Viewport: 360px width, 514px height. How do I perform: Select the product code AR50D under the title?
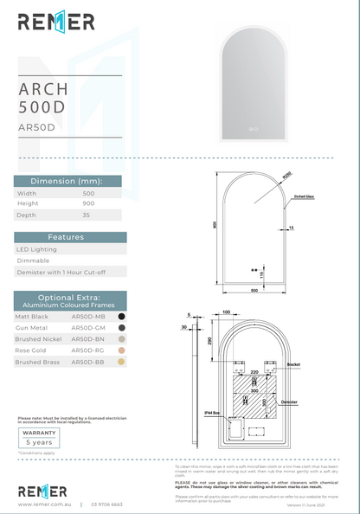tap(36, 126)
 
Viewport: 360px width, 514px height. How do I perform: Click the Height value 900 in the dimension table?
tap(77, 203)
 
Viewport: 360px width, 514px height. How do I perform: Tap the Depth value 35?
tap(75, 215)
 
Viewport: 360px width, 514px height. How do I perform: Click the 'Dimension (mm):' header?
tap(70, 181)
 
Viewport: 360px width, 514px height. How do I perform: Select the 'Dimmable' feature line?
tap(33, 260)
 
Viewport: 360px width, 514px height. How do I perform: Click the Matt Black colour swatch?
tap(122, 317)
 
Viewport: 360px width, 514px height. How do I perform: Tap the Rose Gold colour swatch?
tap(122, 350)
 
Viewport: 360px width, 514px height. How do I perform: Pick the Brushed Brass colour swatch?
tap(122, 363)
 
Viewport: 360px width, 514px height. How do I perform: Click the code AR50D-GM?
tap(88, 328)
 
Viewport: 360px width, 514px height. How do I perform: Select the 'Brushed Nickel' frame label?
tap(39, 339)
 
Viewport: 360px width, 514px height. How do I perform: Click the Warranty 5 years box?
tap(39, 436)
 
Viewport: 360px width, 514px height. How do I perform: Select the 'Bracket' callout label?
tap(293, 365)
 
